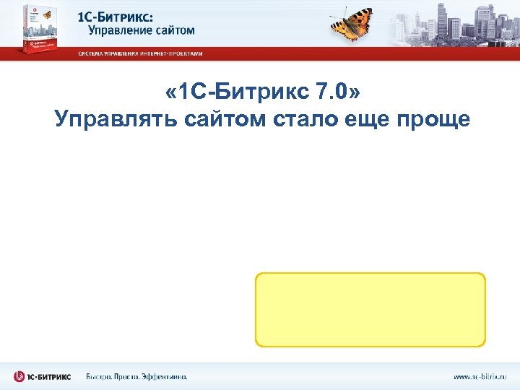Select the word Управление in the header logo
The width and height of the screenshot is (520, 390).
(120, 30)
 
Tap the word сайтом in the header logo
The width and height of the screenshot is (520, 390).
(173, 30)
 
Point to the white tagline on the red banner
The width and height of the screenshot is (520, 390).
(141, 53)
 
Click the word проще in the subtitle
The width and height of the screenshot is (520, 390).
(433, 119)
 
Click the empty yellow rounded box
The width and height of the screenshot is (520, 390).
(370, 310)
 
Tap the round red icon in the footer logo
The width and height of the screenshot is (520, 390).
(19, 376)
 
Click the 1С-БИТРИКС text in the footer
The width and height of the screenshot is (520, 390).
(50, 376)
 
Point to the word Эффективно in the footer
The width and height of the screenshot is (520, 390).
(163, 376)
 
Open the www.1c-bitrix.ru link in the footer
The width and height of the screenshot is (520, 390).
(480, 376)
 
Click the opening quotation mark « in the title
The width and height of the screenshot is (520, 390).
(170, 92)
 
